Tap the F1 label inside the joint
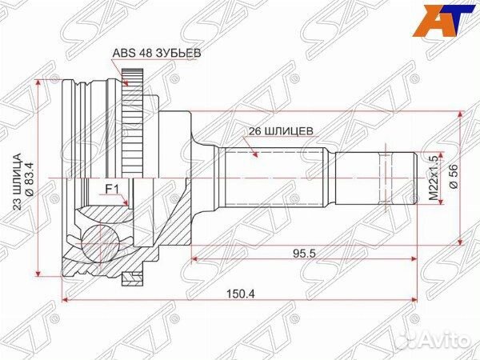[x=113, y=190]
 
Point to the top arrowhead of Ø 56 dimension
[x=460, y=114]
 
